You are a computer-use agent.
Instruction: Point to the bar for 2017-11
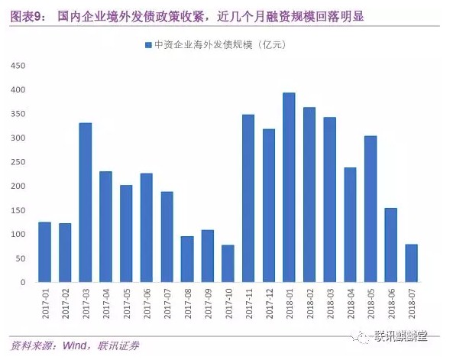point(248,199)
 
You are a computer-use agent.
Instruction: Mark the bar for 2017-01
point(44,252)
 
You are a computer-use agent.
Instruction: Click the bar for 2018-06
point(390,245)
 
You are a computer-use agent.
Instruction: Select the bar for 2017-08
point(187,259)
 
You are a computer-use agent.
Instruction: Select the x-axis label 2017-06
point(146,301)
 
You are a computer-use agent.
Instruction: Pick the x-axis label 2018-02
point(309,301)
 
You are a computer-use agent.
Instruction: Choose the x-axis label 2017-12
point(268,301)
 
